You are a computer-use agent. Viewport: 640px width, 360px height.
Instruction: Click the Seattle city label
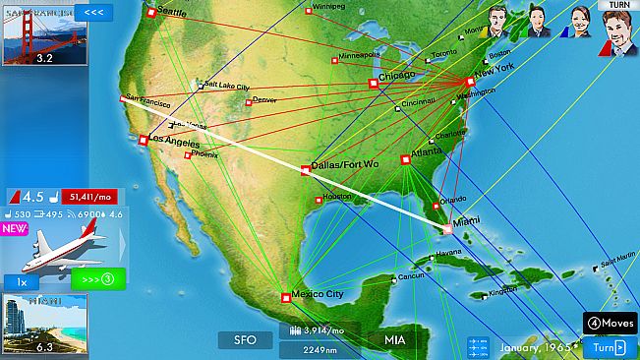(171, 12)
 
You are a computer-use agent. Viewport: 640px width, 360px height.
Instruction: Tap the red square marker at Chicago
(373, 84)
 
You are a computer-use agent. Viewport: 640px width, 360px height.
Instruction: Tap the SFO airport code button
(245, 340)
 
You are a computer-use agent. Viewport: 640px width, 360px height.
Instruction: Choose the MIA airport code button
(394, 340)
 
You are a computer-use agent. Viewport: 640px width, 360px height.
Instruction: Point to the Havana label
(448, 253)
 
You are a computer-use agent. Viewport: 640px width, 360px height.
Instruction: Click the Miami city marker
(448, 228)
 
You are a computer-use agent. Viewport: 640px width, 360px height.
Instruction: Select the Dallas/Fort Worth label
(343, 164)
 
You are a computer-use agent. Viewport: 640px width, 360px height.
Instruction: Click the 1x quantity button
(22, 282)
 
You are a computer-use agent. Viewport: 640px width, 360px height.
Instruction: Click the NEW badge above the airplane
(15, 229)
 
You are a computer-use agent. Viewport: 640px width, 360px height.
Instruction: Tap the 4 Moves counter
(610, 323)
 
